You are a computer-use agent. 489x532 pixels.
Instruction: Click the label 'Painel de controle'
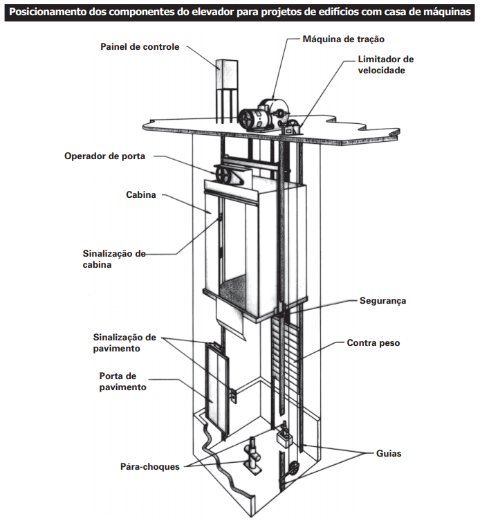[x=139, y=47]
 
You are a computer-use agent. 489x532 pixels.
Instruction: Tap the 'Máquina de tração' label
[x=343, y=39]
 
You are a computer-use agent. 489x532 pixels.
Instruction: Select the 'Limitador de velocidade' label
[x=385, y=64]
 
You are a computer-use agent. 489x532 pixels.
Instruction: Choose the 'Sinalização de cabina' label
[x=112, y=259]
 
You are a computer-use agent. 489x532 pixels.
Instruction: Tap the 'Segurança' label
[x=382, y=301]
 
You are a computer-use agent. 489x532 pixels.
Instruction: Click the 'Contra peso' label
[x=373, y=342]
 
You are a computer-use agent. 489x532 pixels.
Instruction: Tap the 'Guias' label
[x=389, y=454]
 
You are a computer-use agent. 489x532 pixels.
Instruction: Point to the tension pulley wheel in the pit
[x=294, y=468]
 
